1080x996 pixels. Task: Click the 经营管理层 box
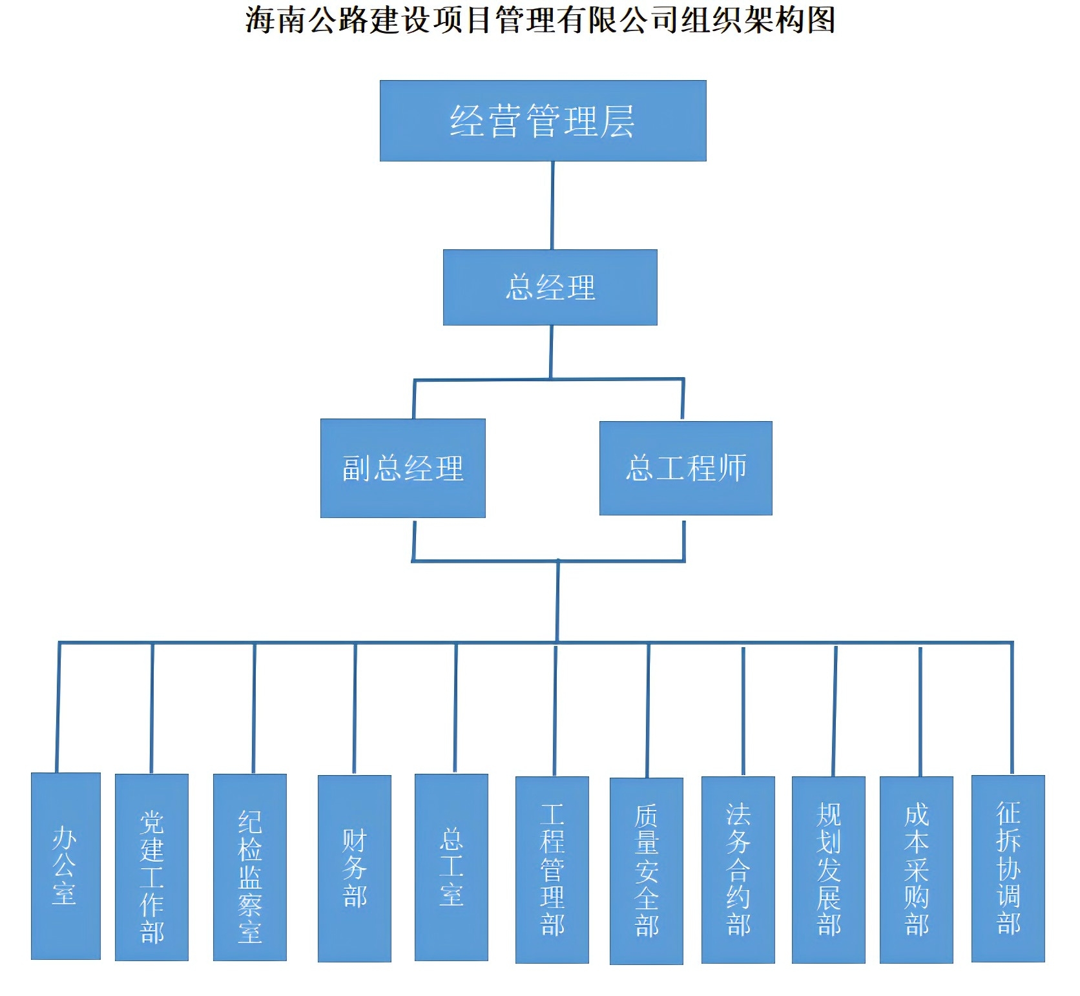[543, 121]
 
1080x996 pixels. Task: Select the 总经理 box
[550, 287]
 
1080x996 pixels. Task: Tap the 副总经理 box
[402, 468]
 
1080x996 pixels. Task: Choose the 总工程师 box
[685, 468]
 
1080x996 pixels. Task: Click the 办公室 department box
[65, 866]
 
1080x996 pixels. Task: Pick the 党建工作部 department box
[152, 867]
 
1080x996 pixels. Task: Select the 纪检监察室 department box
[250, 867]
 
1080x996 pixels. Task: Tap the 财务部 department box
[355, 868]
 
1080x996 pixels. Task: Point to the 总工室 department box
[451, 867]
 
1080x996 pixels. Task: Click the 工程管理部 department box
[552, 869]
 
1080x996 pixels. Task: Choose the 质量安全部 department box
[646, 871]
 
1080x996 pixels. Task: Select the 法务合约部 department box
[738, 869]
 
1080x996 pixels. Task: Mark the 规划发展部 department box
[828, 869]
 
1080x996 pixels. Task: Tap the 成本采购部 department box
[916, 869]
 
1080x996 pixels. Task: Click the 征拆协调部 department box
[1008, 868]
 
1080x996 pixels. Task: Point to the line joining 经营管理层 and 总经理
[552, 205]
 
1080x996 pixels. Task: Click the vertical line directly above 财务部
[355, 708]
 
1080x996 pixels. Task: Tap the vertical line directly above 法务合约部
[743, 711]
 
